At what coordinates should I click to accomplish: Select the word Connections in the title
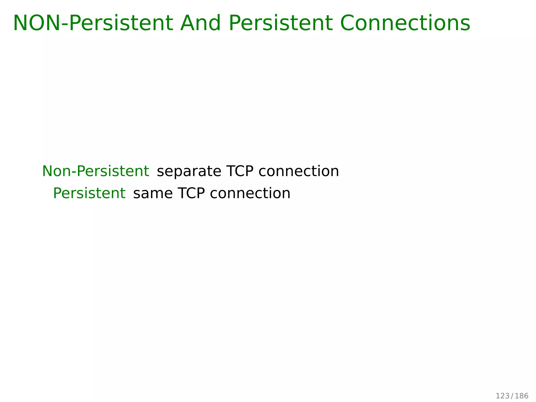point(405,23)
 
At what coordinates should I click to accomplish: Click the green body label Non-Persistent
point(96,171)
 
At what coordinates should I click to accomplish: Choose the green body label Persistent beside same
point(89,193)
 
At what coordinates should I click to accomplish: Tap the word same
point(153,194)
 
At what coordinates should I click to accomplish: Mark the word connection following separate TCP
point(299,171)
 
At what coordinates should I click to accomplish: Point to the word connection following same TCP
point(250,193)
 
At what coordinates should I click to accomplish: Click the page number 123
point(502,396)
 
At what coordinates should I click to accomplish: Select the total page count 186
point(522,396)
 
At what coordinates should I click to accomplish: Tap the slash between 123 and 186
point(512,396)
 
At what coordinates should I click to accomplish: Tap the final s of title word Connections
point(465,25)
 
